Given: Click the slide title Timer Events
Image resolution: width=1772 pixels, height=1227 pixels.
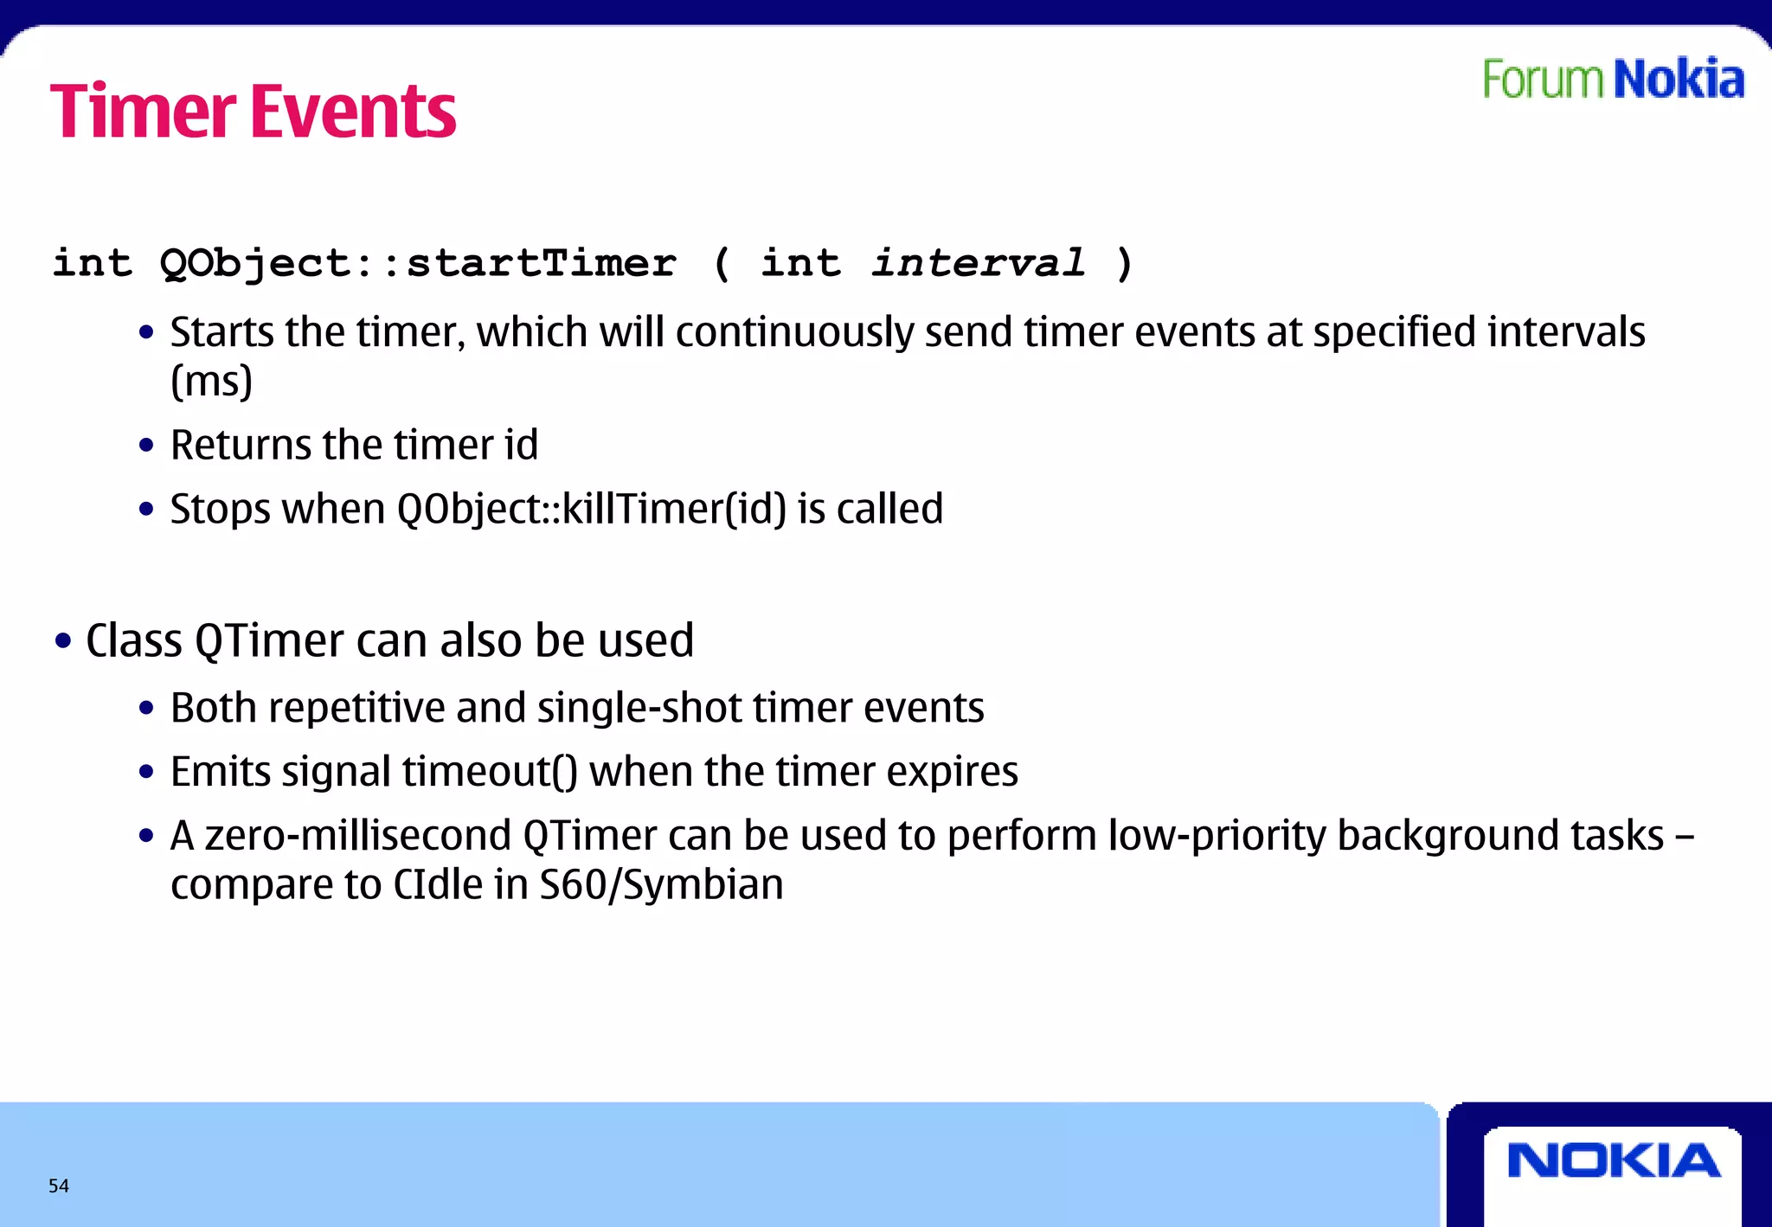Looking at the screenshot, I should [253, 112].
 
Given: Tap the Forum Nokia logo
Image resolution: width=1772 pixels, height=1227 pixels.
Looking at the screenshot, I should [1613, 80].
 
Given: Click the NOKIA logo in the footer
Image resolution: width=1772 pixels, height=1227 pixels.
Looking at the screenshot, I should [1613, 1160].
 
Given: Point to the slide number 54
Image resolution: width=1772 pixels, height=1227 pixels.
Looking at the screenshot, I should [59, 1185].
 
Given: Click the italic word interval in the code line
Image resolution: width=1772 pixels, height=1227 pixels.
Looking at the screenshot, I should [978, 263].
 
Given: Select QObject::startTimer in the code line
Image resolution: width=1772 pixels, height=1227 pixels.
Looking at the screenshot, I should [418, 263].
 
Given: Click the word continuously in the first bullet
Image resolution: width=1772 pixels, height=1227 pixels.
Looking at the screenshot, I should [793, 333].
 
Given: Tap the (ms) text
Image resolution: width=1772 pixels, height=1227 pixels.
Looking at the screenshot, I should [211, 382].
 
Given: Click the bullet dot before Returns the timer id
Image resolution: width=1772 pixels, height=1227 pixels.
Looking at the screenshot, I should [146, 446].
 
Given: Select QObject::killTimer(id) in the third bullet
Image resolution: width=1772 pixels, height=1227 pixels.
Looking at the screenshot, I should [592, 509].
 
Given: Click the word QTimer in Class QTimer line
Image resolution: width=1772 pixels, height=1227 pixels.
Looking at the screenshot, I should [269, 641].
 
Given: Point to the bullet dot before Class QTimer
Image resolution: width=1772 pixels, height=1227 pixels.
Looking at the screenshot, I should [62, 641].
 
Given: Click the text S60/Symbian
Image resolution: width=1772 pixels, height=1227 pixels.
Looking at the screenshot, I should [661, 885].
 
